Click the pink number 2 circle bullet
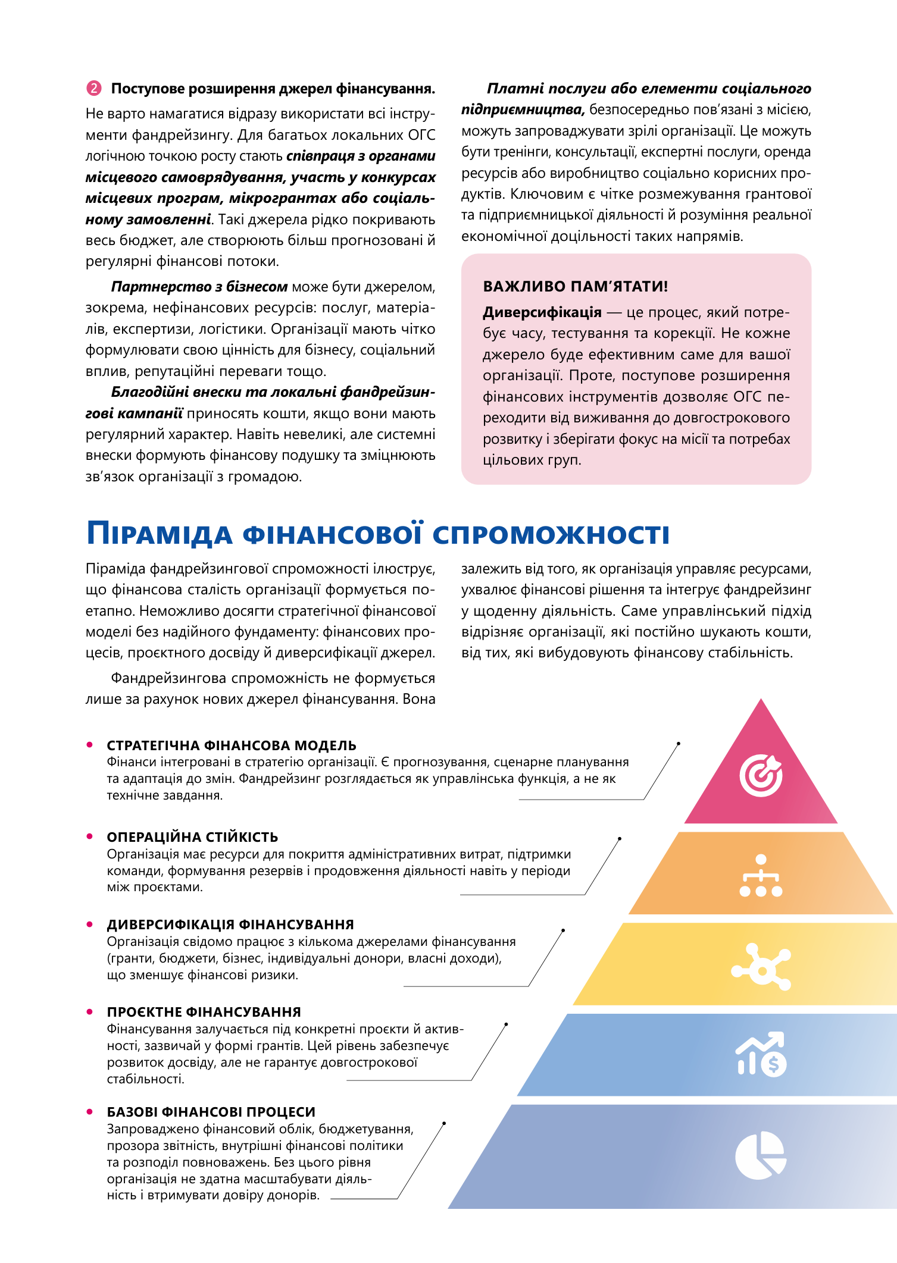point(93,89)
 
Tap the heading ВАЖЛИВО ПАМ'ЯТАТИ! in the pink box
point(575,286)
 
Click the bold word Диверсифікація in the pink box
point(542,312)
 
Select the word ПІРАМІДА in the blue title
point(159,533)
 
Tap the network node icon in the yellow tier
point(761,967)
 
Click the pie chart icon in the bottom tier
point(760,1155)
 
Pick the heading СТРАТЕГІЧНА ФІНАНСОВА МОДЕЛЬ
point(232,745)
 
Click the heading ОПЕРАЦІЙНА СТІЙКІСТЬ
point(192,837)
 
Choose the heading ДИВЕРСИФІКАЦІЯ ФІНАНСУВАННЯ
point(230,924)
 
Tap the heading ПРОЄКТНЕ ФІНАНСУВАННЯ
point(204,1012)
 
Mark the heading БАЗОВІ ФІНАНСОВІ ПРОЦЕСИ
point(211,1112)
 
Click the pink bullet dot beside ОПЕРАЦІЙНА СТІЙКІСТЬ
point(90,836)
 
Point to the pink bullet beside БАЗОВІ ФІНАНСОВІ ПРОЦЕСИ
point(90,1111)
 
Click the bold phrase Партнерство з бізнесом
point(199,287)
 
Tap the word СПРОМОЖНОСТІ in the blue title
point(551,533)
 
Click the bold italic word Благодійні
point(148,392)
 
